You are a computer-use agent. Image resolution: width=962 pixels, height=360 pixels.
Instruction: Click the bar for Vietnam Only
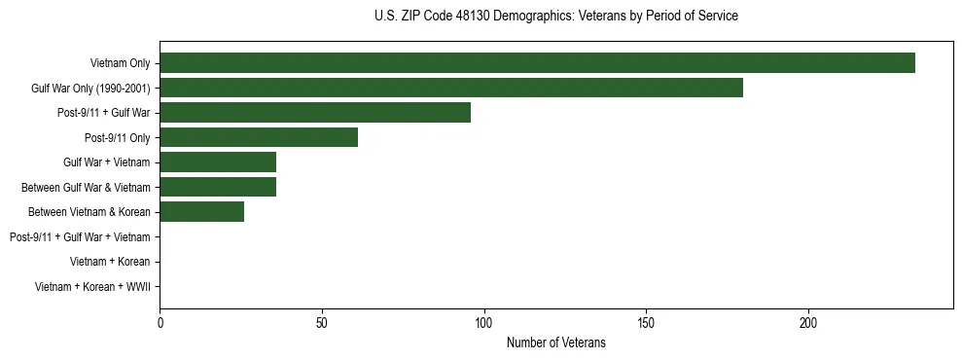537,63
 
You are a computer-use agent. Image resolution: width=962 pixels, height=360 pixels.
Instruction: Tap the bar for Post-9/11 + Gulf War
315,113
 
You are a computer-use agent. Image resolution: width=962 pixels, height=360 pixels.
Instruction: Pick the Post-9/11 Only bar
259,137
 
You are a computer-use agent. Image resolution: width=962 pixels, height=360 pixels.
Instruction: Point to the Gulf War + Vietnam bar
218,162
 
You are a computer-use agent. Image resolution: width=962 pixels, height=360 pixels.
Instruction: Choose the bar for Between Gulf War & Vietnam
218,187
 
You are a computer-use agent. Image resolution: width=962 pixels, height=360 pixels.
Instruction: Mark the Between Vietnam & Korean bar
201,212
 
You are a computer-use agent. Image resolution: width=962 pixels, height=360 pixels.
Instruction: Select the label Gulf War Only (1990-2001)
90,89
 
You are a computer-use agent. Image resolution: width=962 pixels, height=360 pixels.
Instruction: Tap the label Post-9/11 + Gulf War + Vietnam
80,236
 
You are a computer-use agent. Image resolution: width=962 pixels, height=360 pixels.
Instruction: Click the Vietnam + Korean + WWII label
92,286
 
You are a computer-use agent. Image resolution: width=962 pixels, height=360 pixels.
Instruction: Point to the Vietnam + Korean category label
110,262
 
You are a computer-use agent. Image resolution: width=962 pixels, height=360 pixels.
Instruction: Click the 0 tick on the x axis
160,324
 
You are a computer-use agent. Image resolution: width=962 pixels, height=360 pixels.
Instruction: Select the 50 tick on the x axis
322,324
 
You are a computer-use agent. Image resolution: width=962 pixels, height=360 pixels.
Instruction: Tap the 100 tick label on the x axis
483,324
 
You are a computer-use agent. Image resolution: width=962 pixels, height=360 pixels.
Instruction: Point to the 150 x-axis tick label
646,324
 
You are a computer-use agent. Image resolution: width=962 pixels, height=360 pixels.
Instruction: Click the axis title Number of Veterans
555,342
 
